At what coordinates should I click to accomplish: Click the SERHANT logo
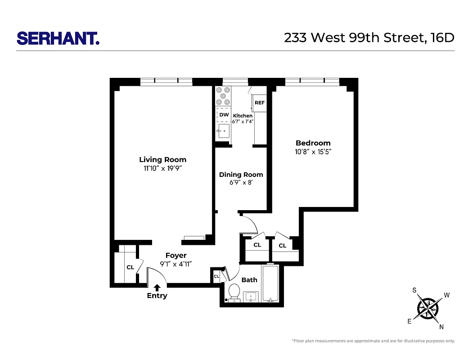(58, 38)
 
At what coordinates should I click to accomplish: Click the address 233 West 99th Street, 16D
(369, 38)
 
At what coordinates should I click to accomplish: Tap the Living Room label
(162, 160)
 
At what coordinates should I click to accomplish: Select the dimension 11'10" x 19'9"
(162, 169)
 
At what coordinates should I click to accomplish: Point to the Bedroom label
(313, 143)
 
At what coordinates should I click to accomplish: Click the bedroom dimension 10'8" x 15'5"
(313, 152)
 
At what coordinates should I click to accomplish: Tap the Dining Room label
(241, 175)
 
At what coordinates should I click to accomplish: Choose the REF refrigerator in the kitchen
(260, 103)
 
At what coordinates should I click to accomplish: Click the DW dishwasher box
(224, 115)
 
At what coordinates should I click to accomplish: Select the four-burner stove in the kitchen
(223, 95)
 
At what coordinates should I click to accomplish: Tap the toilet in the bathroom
(234, 292)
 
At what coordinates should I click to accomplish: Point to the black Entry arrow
(157, 287)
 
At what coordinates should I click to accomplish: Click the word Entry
(157, 296)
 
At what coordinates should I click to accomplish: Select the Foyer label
(175, 256)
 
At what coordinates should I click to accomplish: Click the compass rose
(428, 308)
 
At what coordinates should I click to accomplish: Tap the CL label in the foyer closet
(130, 267)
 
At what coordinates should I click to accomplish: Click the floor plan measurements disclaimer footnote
(373, 341)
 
